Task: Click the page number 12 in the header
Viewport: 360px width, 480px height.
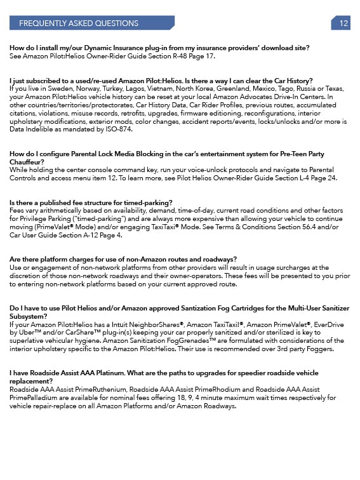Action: (343, 23)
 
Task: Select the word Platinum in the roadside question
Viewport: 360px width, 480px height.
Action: (117, 373)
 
